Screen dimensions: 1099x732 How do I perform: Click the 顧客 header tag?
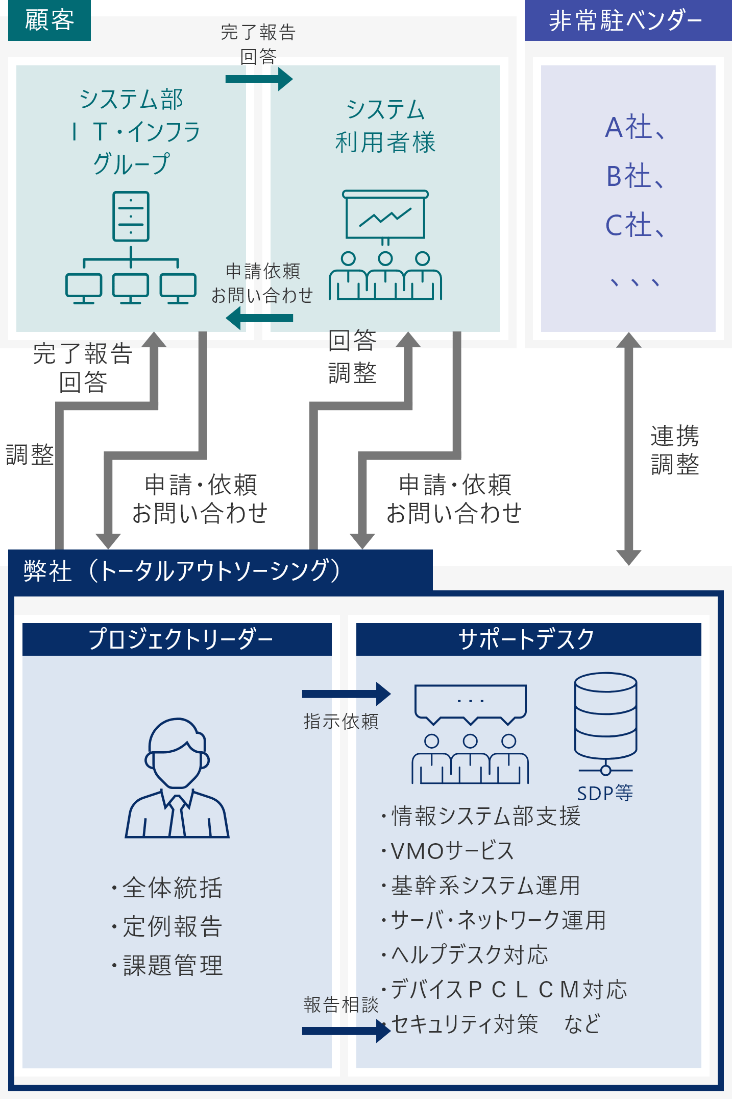50,20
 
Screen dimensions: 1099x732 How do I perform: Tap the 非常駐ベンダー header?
627,21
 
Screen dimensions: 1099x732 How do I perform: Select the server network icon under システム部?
131,248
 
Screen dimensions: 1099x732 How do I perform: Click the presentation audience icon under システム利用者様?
385,245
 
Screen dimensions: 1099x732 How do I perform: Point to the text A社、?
635,127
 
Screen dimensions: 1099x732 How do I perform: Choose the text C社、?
635,225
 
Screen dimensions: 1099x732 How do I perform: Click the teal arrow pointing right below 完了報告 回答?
259,79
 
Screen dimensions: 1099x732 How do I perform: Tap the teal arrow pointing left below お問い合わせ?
259,319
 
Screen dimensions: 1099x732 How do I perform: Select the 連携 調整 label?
674,450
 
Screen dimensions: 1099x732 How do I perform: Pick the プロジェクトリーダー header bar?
177,639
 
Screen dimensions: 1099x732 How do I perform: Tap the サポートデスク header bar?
528,639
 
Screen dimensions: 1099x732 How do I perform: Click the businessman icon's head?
177,753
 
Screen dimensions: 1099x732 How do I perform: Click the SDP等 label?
605,793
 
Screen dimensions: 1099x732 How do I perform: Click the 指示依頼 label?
341,721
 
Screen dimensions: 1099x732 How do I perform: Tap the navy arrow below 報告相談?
346,1031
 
